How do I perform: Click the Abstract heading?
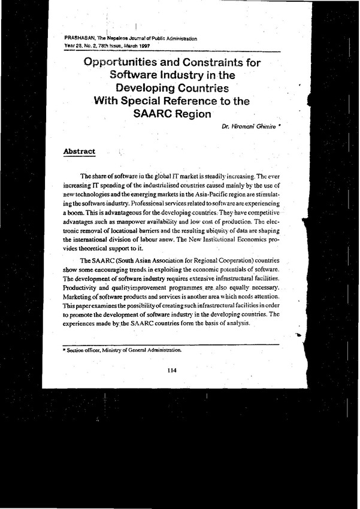pyautogui.click(x=79, y=152)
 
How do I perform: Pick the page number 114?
pyautogui.click(x=173, y=371)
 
